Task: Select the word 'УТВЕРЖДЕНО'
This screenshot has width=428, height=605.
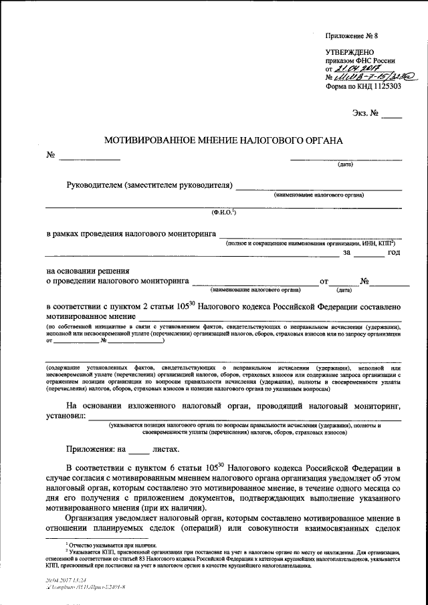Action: pos(350,52)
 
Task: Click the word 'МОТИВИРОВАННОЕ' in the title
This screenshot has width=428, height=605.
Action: pos(148,141)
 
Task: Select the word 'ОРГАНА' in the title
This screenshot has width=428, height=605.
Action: pos(320,141)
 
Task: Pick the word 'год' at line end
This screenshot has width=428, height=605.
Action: pos(393,252)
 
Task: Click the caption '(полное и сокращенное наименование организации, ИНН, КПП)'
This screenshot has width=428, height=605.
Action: pos(310,243)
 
